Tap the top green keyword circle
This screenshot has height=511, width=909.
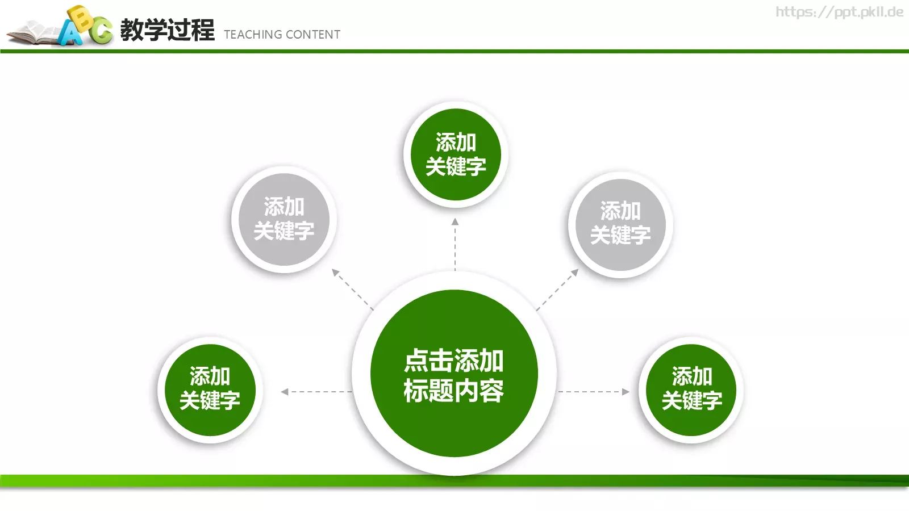[455, 154]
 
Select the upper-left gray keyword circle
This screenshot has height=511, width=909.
[283, 219]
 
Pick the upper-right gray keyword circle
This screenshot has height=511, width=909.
[620, 224]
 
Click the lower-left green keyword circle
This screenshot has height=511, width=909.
[210, 389]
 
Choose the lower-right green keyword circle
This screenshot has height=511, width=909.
[691, 389]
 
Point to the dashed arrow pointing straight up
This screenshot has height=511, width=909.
[455, 244]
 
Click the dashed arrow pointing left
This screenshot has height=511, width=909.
[316, 392]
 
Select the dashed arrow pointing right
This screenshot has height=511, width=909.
[594, 392]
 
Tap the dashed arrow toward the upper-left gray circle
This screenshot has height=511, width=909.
[352, 289]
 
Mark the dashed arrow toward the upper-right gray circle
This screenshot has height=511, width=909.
[558, 289]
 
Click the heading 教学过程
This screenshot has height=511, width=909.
[167, 30]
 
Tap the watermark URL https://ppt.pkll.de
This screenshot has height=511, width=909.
[839, 12]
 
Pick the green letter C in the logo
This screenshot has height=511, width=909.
[102, 31]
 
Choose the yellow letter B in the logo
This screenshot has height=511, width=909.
[83, 19]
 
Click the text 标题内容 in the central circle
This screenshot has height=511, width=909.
[454, 391]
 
